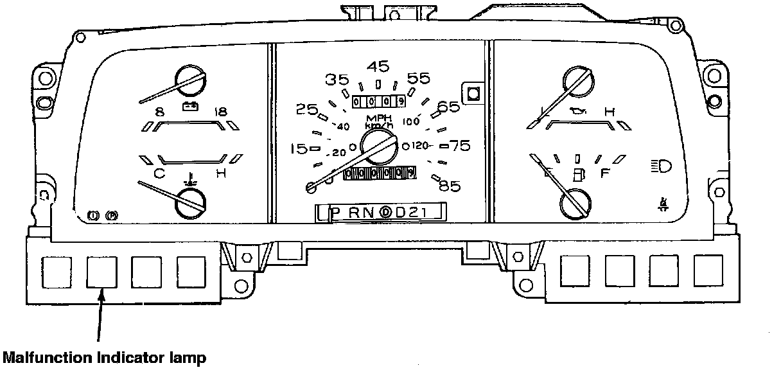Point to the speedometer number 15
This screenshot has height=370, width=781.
[299, 149]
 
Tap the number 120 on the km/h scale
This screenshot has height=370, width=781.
[420, 146]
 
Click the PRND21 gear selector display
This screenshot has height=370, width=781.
[382, 212]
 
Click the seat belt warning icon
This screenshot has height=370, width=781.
[662, 204]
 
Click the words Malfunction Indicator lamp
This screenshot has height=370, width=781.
[105, 357]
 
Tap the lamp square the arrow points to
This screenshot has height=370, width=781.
[101, 273]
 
